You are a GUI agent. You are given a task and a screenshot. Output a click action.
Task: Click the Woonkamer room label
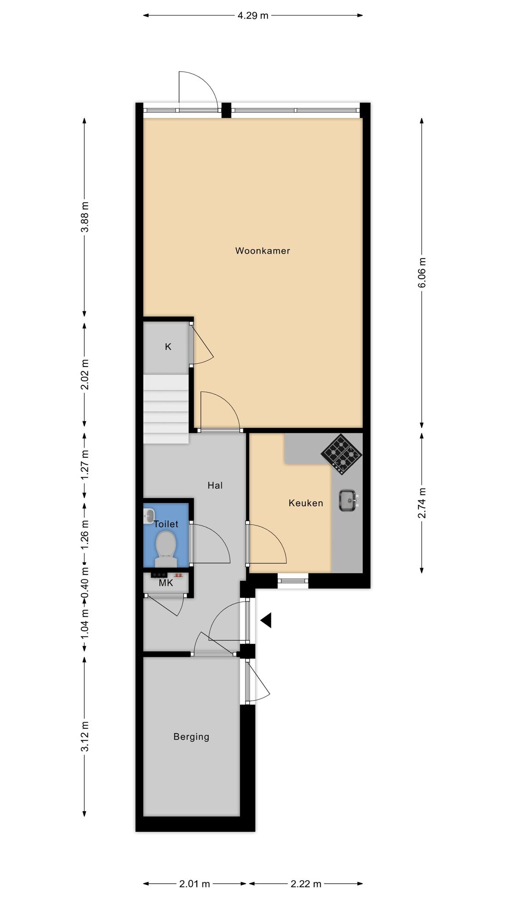pyautogui.click(x=263, y=251)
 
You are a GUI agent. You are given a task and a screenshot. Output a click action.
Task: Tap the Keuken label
pyautogui.click(x=306, y=503)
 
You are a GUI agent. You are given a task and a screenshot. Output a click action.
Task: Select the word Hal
pyautogui.click(x=215, y=485)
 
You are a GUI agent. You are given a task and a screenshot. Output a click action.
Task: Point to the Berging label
pyautogui.click(x=191, y=737)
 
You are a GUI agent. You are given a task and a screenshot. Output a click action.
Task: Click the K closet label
pyautogui.click(x=168, y=347)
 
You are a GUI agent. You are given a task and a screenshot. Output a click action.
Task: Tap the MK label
pyautogui.click(x=166, y=583)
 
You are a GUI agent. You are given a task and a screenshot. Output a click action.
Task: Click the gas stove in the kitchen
pyautogui.click(x=341, y=454)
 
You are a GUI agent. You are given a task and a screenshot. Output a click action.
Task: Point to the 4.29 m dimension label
pyautogui.click(x=253, y=16)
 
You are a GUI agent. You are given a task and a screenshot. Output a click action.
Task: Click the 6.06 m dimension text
pyautogui.click(x=422, y=273)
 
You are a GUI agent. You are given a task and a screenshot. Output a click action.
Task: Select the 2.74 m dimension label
pyautogui.click(x=422, y=503)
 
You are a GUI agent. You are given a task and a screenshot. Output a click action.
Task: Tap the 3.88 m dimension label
pyautogui.click(x=85, y=217)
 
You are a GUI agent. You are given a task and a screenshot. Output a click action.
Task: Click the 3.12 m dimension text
pyautogui.click(x=85, y=736)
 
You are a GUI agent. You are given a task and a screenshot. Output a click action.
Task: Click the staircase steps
pyautogui.click(x=166, y=409)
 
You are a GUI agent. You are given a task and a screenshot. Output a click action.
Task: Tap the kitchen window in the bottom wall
pyautogui.click(x=293, y=581)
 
